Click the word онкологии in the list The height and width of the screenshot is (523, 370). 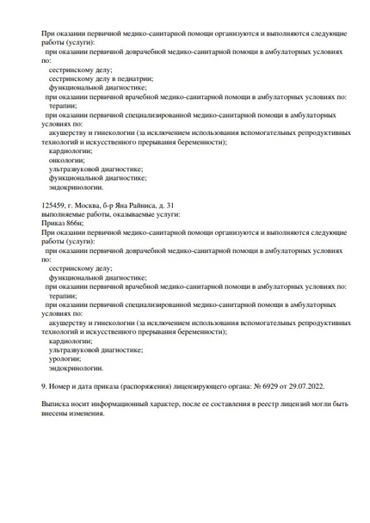(x=67, y=160)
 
